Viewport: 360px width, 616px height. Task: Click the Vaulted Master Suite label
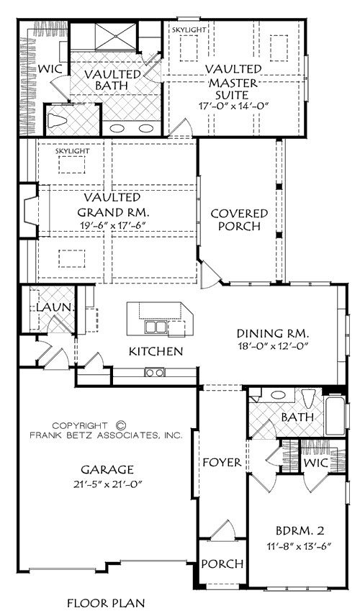tap(234, 82)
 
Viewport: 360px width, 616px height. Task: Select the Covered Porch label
tap(239, 220)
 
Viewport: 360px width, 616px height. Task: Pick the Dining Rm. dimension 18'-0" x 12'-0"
tap(273, 346)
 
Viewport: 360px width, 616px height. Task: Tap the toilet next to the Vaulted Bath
tap(58, 120)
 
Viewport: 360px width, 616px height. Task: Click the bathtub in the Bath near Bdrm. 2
tap(335, 417)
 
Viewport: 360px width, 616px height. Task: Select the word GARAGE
tap(107, 469)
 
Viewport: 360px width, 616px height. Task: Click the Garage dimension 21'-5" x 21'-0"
tap(107, 484)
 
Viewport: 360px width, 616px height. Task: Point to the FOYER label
tap(222, 463)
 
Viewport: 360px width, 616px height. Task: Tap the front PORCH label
tap(222, 563)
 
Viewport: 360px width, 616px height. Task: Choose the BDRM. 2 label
tap(300, 531)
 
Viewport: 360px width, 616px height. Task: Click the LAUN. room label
tap(55, 307)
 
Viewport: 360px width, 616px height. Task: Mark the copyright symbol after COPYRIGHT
tap(122, 425)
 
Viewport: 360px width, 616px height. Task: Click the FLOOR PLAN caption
tap(106, 602)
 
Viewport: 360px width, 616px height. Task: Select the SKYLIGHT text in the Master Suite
tap(189, 30)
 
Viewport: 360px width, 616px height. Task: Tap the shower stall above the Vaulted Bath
tap(115, 37)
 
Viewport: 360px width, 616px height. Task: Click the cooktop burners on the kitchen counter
tap(155, 371)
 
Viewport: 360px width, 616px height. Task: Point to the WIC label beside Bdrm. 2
tap(316, 463)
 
